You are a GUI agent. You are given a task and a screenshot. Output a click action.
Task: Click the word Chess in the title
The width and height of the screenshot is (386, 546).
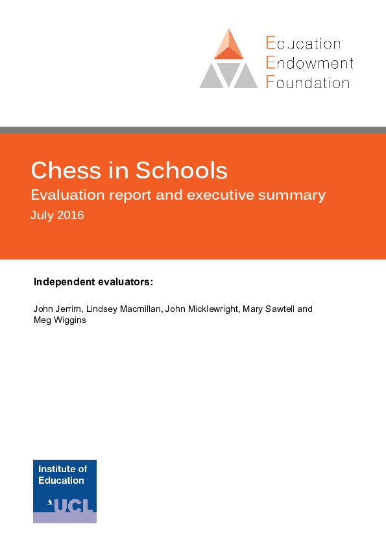click(67, 170)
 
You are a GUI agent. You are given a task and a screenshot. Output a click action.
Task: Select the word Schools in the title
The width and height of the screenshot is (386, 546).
click(181, 170)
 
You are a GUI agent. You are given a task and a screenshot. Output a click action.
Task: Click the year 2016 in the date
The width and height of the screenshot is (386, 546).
click(71, 215)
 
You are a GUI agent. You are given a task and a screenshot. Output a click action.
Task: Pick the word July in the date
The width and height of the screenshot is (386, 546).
click(42, 215)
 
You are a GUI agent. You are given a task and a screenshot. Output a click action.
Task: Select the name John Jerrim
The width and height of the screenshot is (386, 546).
click(55, 309)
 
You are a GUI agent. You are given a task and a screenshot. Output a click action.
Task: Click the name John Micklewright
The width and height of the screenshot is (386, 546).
click(202, 309)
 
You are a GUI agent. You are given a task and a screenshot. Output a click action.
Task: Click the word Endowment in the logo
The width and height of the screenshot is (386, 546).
click(309, 64)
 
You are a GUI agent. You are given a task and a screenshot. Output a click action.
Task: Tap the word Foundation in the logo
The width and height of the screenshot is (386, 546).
click(308, 82)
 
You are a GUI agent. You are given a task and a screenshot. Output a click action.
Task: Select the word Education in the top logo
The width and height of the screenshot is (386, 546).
click(303, 44)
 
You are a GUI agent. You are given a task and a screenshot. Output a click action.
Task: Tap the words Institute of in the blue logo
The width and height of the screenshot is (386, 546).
click(62, 469)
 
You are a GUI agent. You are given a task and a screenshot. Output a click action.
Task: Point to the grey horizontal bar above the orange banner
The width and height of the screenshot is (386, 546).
click(193, 130)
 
